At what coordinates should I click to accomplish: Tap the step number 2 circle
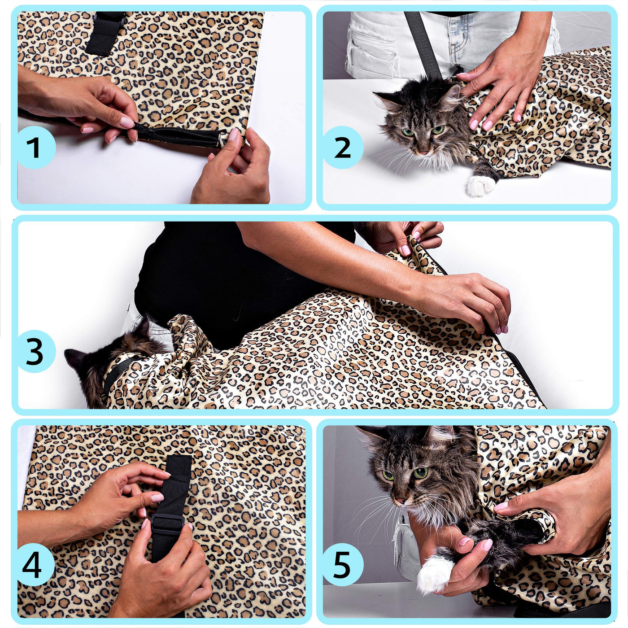pos(342,147)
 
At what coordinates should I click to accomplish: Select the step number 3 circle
pos(35,352)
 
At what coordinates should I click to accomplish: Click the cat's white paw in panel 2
pos(480,186)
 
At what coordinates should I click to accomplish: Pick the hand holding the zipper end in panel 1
pos(233,168)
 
